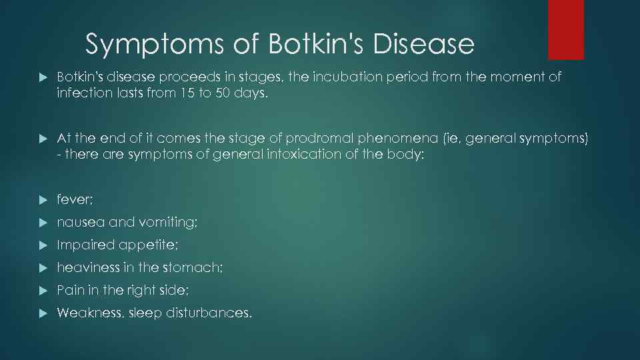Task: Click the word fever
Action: (73, 199)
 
